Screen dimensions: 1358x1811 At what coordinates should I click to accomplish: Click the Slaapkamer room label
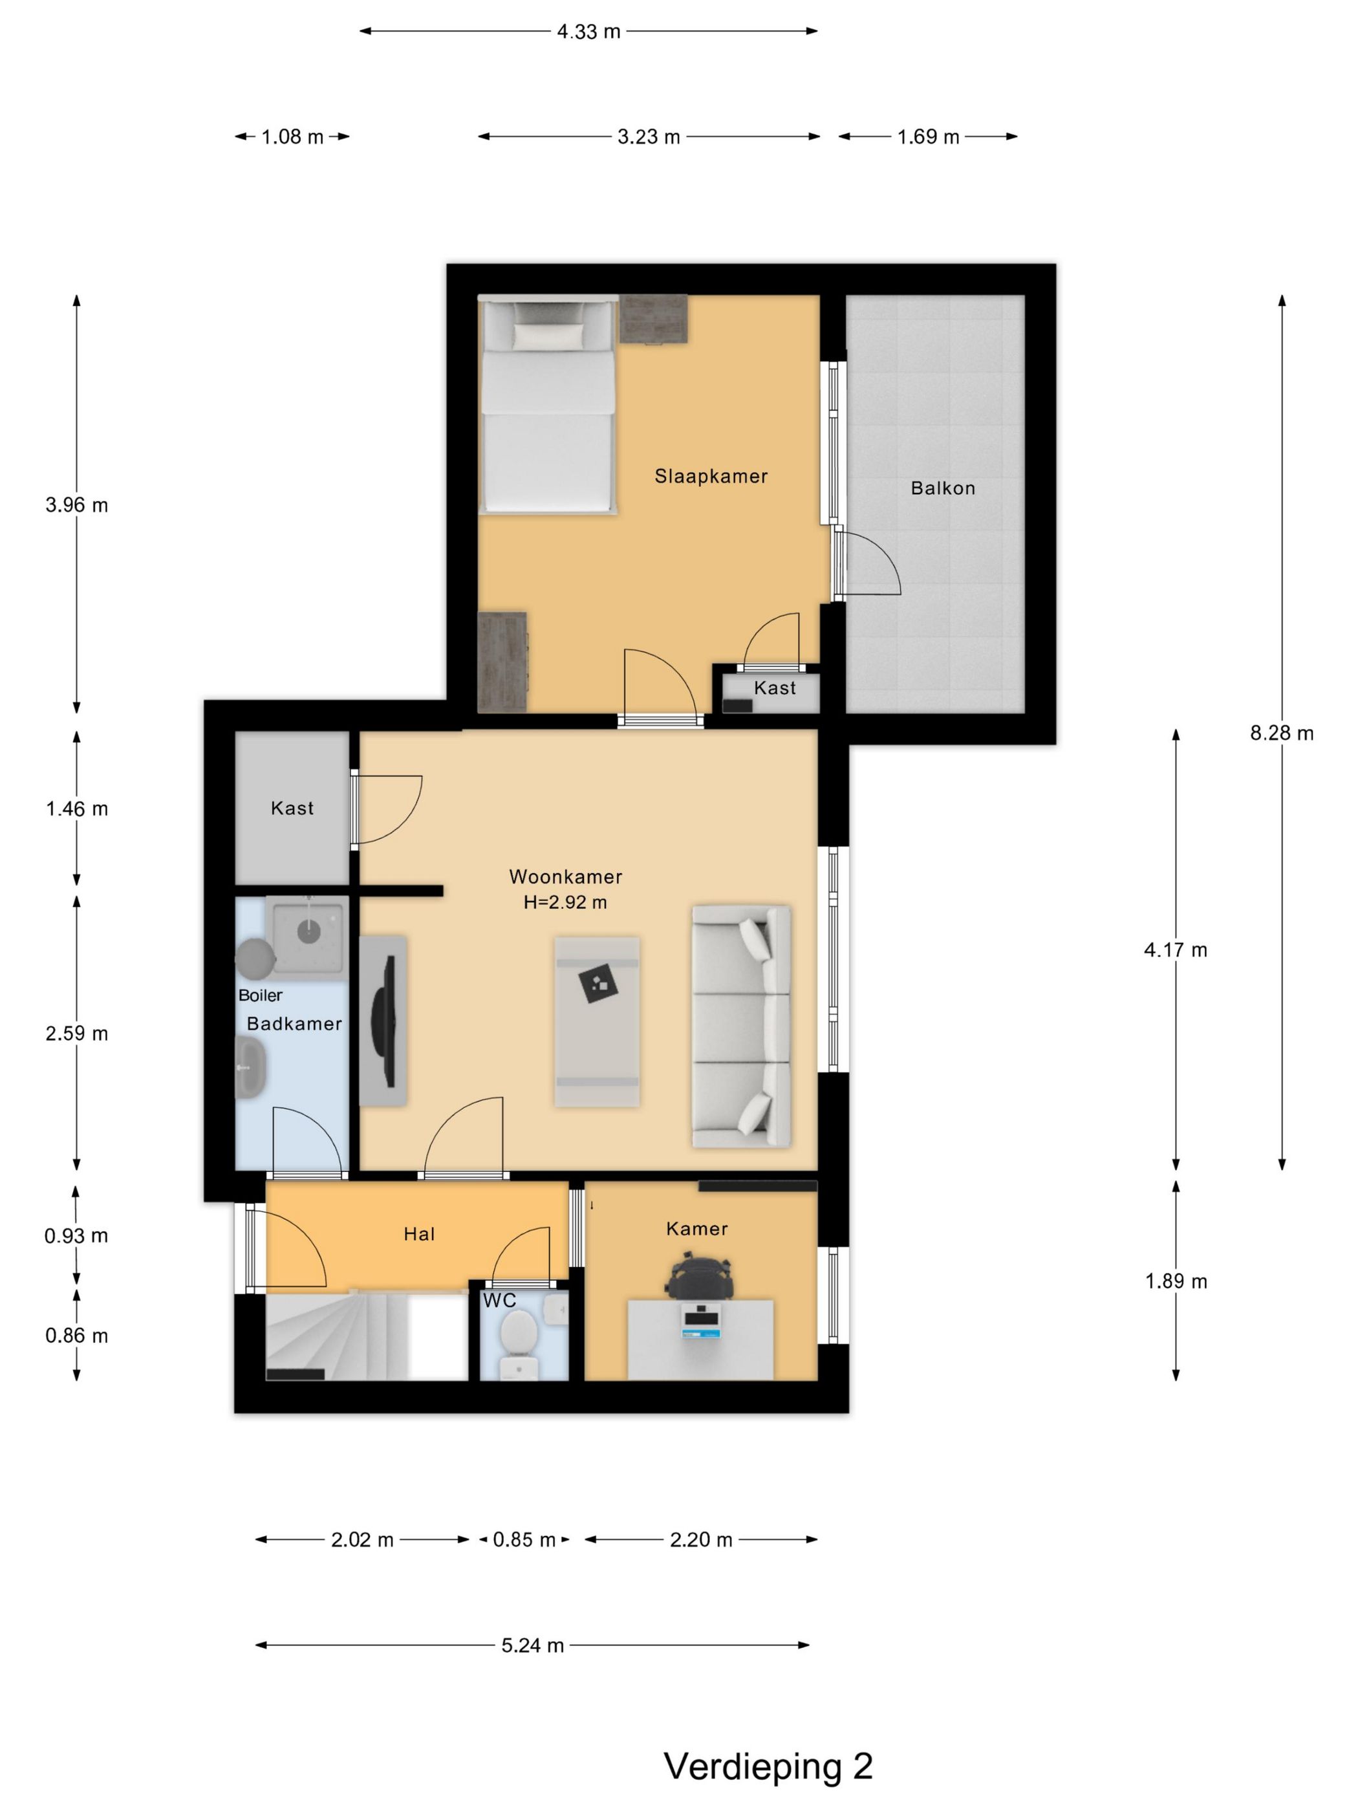(x=711, y=477)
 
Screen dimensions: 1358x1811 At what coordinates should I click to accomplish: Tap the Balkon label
(x=943, y=489)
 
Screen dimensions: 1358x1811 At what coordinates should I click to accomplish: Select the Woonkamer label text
(x=566, y=877)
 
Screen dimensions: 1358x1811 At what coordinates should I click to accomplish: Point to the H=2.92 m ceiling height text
(x=566, y=903)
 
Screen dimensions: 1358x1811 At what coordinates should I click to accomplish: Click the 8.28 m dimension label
(x=1281, y=733)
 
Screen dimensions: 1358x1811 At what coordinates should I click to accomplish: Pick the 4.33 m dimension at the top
(x=588, y=32)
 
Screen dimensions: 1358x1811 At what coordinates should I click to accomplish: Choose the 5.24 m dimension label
(x=532, y=1645)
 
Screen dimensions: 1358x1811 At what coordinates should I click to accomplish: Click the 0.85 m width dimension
(x=524, y=1540)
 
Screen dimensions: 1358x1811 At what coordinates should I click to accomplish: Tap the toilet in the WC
(x=517, y=1344)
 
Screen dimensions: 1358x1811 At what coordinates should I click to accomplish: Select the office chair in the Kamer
(x=696, y=1278)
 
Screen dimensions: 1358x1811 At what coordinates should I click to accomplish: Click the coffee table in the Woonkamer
(x=597, y=1022)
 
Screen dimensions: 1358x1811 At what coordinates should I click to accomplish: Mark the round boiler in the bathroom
(x=255, y=958)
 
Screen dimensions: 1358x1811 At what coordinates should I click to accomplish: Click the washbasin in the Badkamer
(x=250, y=1068)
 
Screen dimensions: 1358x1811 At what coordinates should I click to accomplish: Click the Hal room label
(x=419, y=1235)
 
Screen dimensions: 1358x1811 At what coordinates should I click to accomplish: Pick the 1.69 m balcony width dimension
(x=927, y=136)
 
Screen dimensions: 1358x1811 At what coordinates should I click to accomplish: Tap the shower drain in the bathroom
(x=308, y=932)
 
